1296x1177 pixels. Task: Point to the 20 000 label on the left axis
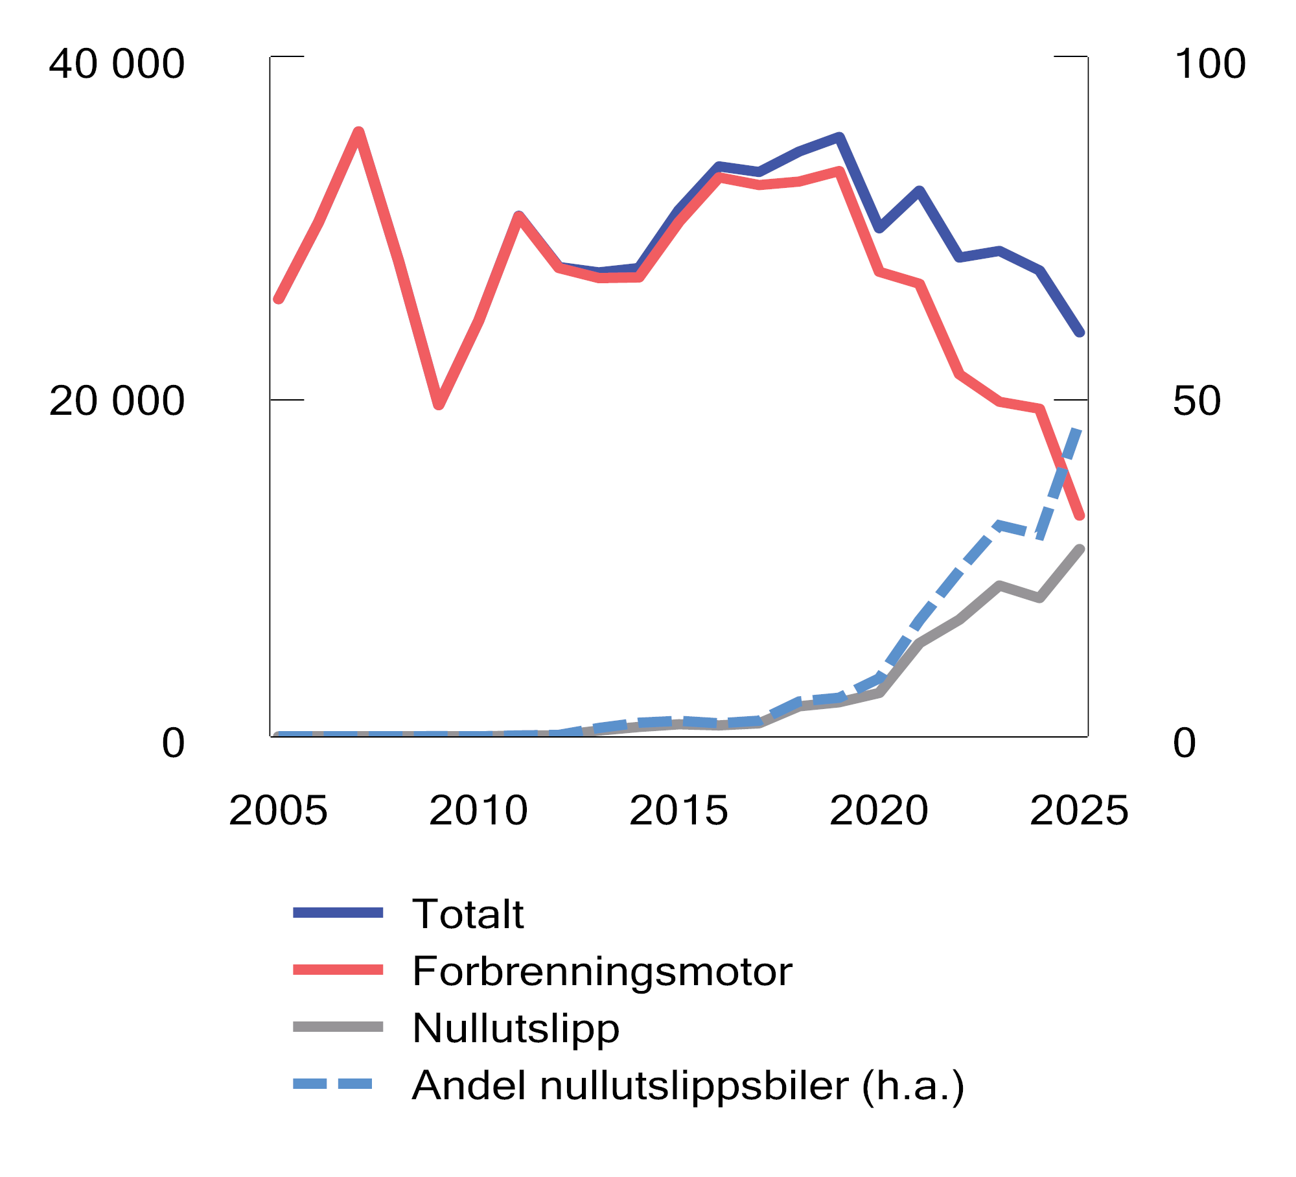coord(117,401)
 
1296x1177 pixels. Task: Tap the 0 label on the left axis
coord(173,743)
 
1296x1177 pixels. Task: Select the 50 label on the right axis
coord(1196,401)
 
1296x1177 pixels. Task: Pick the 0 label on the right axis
coord(1184,743)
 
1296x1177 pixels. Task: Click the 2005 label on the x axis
coord(278,811)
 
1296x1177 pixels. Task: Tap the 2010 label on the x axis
coord(478,811)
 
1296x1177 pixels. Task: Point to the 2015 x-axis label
coord(678,811)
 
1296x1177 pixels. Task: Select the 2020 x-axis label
coord(879,811)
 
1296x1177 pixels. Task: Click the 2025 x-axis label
coord(1079,811)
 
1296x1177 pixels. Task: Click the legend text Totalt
coord(467,915)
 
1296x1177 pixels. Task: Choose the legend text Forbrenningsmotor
coord(601,972)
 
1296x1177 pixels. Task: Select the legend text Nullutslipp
coord(516,1029)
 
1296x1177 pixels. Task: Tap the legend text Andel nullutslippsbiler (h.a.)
coord(688,1086)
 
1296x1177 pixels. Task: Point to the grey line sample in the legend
coord(338,1027)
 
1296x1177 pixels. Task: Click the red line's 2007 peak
coord(358,132)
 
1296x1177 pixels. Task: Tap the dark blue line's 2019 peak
coord(839,137)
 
